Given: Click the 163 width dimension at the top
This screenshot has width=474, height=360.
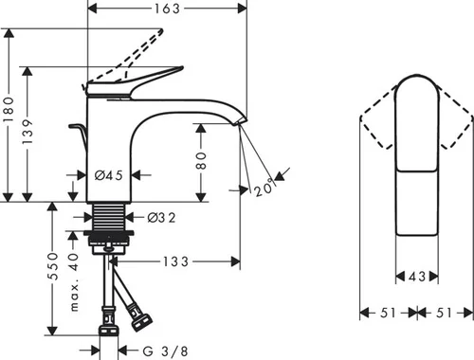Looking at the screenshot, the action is (167, 9).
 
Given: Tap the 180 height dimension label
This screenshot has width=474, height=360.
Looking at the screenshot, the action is (9, 110).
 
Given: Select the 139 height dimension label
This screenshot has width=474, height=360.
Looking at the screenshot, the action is (27, 132).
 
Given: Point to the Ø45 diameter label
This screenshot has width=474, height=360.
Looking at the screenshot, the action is (109, 175).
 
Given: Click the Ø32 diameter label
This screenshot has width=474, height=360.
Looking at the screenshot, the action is (161, 218).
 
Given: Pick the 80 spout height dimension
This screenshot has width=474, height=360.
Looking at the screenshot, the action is (201, 161).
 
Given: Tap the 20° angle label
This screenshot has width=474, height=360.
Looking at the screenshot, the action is (264, 188).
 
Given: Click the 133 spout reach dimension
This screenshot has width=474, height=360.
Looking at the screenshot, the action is (175, 261).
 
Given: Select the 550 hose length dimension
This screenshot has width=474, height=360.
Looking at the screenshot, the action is (53, 266).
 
